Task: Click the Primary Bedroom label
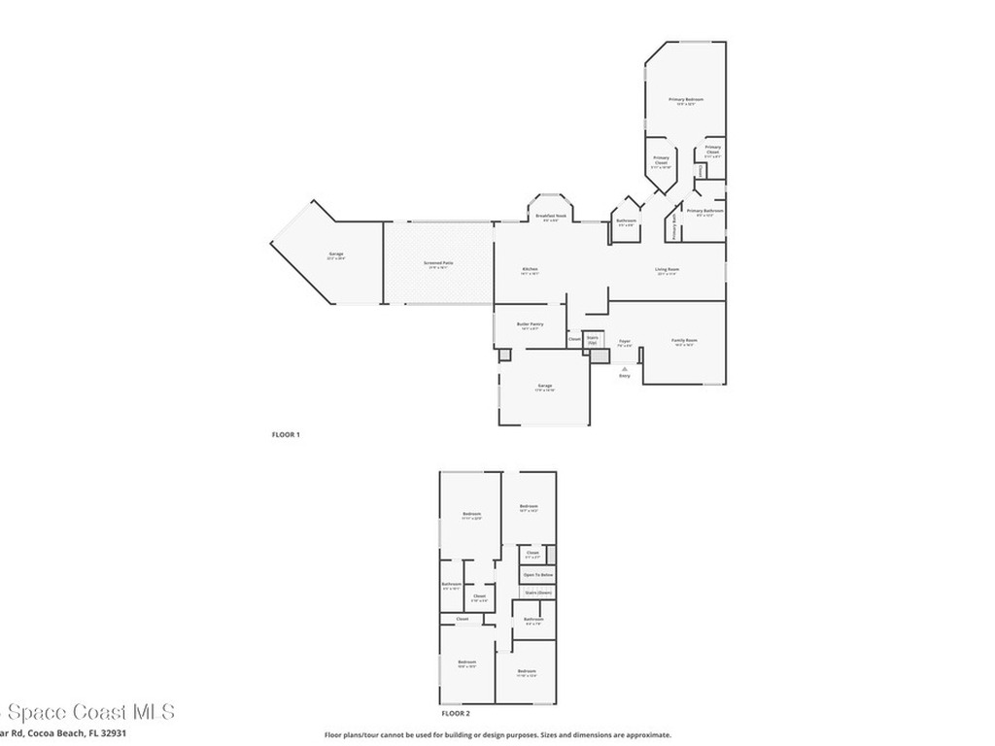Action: point(685,100)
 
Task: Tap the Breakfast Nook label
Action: point(550,216)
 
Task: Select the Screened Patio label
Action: point(438,262)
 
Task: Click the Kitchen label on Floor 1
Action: point(530,269)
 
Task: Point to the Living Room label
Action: point(667,269)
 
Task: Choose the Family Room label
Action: point(684,341)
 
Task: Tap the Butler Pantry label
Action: point(530,324)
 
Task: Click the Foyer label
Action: point(625,341)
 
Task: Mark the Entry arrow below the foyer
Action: point(625,368)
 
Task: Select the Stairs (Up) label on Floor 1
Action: point(593,340)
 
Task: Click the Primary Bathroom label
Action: point(704,211)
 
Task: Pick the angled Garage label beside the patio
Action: point(335,254)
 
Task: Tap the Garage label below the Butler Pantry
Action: point(544,387)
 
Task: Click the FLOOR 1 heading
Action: point(286,434)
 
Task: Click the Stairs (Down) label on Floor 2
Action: point(537,592)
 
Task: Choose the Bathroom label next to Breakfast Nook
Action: point(626,220)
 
